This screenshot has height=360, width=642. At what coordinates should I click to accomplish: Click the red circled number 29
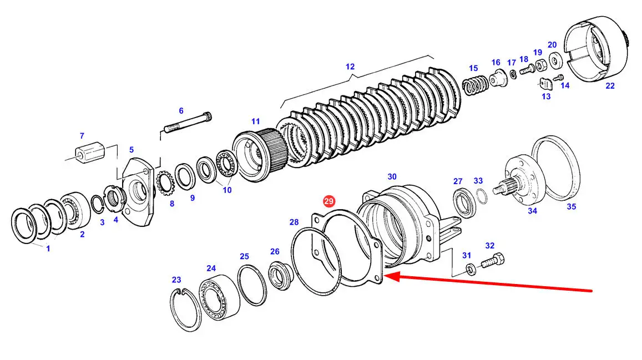click(x=329, y=201)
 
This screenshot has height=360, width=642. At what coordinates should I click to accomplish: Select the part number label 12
click(x=350, y=66)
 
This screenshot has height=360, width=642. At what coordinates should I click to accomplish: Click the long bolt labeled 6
click(x=188, y=123)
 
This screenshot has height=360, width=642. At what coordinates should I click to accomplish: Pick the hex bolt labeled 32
click(x=492, y=261)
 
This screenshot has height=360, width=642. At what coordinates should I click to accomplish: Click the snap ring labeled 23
click(x=185, y=310)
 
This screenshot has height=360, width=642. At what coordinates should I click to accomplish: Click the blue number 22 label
click(x=610, y=86)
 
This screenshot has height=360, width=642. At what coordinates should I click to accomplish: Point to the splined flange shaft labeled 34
click(x=519, y=180)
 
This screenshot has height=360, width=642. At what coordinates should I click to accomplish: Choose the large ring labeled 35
click(x=555, y=168)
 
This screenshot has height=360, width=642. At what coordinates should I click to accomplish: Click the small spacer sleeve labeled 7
click(x=90, y=153)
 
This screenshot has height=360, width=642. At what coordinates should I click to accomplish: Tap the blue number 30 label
click(x=392, y=177)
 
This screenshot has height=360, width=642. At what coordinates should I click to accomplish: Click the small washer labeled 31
click(x=471, y=270)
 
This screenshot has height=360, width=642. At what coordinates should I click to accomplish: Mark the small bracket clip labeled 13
click(x=545, y=84)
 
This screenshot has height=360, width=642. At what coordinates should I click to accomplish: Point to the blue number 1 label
click(x=48, y=249)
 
